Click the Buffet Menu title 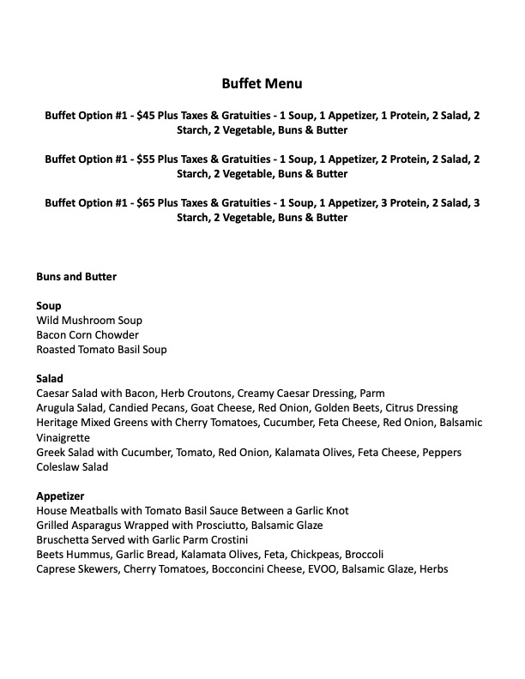click(x=262, y=84)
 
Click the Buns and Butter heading click(x=76, y=277)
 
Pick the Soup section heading click(x=49, y=305)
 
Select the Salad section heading click(x=50, y=378)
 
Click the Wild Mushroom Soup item click(x=89, y=320)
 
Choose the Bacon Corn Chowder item click(x=87, y=334)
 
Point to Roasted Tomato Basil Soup click(x=101, y=349)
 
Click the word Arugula click(x=56, y=408)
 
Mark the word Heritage click(x=58, y=423)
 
